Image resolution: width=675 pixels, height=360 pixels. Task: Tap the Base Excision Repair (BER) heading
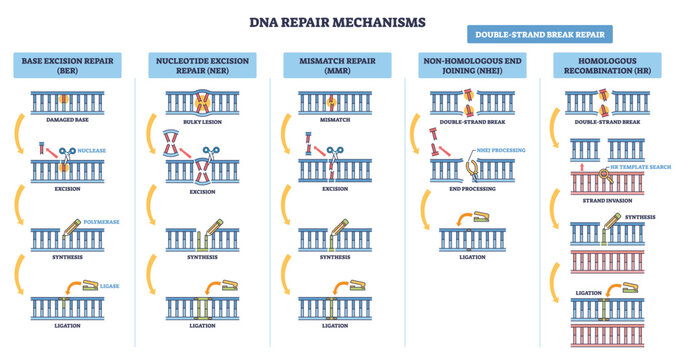67,67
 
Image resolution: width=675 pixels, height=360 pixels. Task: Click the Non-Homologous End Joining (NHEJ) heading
473,67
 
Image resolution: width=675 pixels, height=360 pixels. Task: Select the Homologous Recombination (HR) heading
606,67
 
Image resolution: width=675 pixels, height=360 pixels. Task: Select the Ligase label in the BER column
110,286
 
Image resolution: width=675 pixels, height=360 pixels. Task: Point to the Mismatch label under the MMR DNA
335,119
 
